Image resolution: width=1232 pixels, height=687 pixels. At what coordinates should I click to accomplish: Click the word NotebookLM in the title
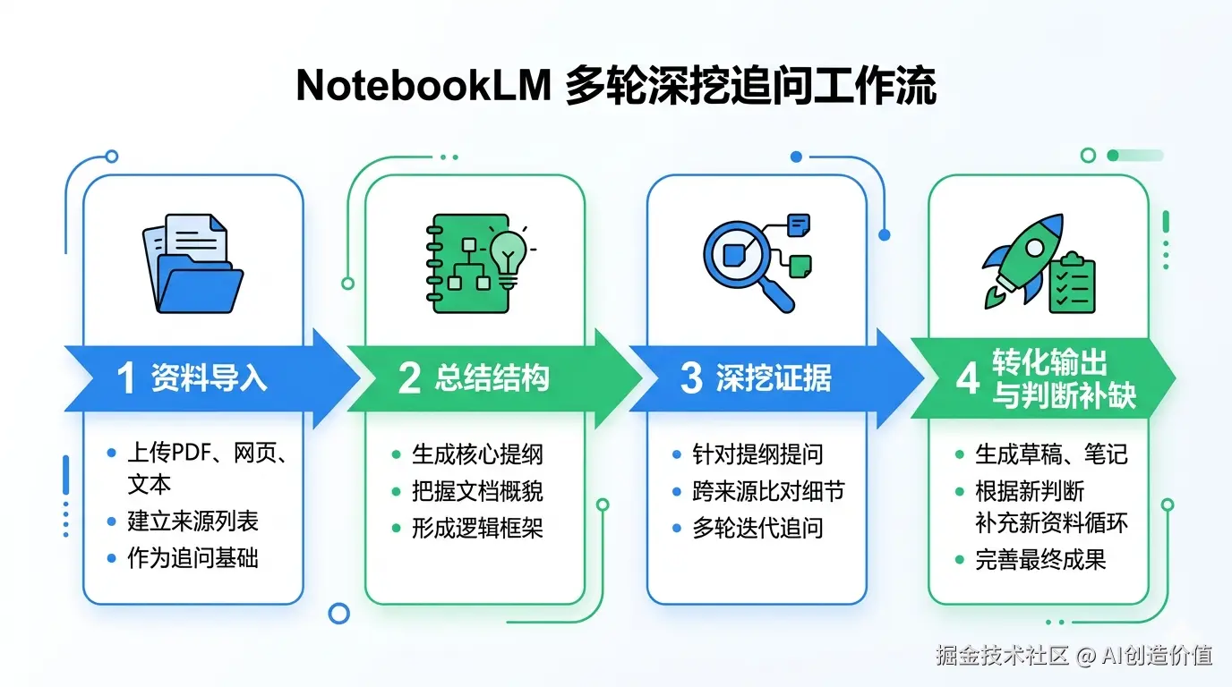(422, 87)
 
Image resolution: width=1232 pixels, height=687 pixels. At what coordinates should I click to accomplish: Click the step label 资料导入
(209, 378)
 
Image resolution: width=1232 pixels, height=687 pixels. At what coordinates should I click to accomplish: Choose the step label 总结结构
(492, 378)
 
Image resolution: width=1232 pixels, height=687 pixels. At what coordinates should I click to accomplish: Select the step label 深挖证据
(774, 378)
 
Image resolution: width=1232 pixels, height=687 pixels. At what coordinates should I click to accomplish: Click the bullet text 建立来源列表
(192, 521)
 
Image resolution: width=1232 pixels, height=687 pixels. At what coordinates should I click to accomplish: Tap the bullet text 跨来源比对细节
(767, 491)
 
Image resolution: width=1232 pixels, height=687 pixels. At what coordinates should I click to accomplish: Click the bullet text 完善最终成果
(1040, 560)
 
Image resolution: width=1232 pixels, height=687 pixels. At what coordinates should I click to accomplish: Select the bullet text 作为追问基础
(192, 558)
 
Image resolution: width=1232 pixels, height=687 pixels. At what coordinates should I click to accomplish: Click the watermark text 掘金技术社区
(1003, 656)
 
